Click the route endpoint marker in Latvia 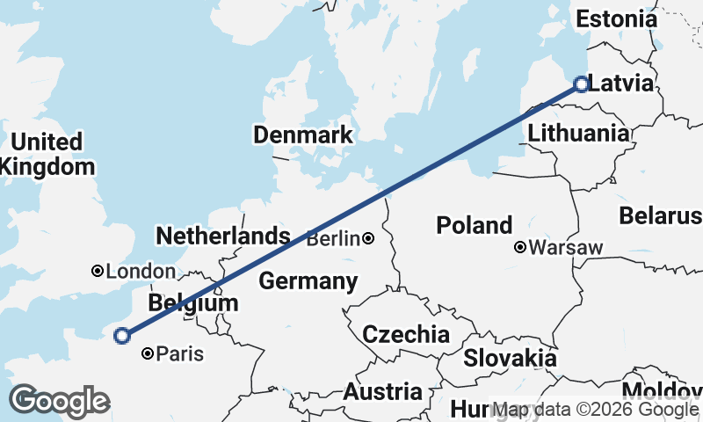coord(580,84)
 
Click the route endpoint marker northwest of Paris coord(122,335)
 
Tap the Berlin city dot coord(368,238)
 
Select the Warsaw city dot coord(520,248)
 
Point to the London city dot coord(98,272)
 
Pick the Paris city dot coord(148,354)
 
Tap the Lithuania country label coord(579,134)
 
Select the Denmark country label coord(302,135)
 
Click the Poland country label coord(474,226)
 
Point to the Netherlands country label coord(222,236)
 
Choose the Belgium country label coord(193,303)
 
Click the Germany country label coord(308,282)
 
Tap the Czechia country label coord(406,334)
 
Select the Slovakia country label coord(510,358)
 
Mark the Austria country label coord(381,391)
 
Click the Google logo coord(59,401)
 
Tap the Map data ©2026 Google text coord(596,410)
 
